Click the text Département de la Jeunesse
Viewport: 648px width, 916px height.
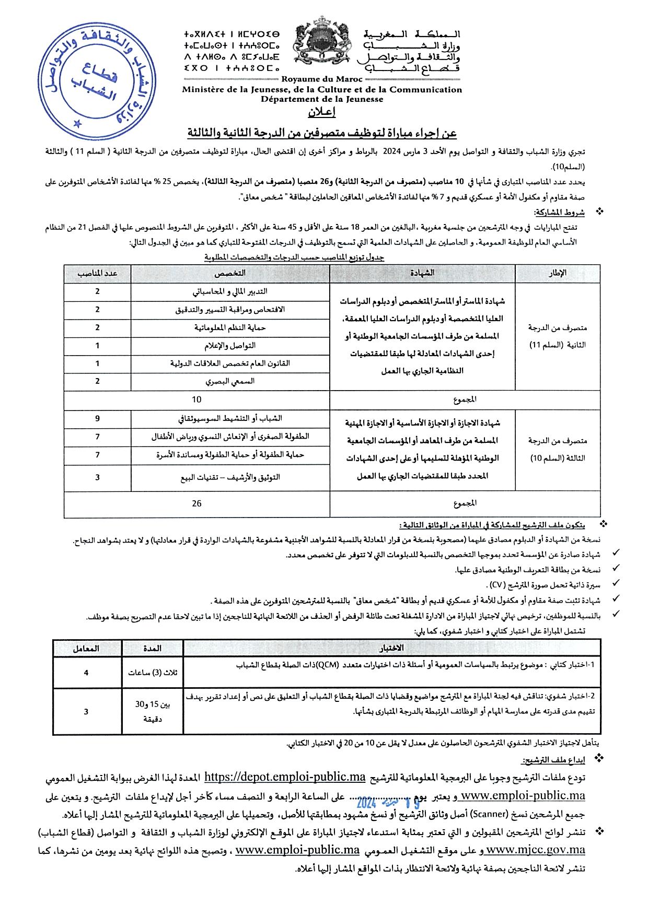(322, 99)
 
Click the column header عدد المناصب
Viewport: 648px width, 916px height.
(98, 273)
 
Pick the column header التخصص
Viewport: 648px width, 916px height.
(230, 273)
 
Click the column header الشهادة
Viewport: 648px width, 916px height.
(422, 273)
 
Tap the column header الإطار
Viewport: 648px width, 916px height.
(558, 273)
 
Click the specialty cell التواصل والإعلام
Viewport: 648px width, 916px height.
(230, 346)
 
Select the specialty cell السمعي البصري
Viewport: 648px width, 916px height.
(230, 381)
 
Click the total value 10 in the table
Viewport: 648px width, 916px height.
(196, 400)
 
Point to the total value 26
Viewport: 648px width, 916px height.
(196, 503)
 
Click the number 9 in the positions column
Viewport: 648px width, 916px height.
(98, 418)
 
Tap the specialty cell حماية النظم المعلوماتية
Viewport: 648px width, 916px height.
(230, 327)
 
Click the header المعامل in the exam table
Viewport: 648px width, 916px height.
(87, 648)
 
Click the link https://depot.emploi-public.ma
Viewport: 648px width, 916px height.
(284, 777)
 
